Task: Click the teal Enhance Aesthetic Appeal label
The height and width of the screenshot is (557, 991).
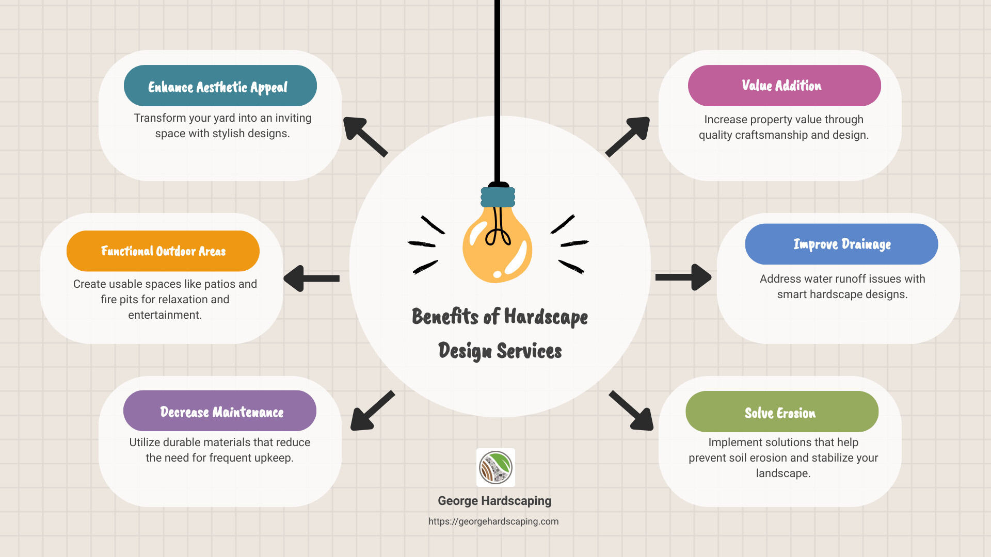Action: pyautogui.click(x=220, y=86)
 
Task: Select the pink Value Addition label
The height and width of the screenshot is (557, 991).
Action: pyautogui.click(x=784, y=86)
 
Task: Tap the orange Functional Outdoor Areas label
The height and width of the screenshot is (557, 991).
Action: pyautogui.click(x=163, y=251)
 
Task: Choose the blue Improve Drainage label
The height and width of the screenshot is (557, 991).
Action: pyautogui.click(x=841, y=244)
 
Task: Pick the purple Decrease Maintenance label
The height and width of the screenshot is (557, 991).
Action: pyautogui.click(x=220, y=411)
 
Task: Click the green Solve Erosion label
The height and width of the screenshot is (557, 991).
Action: pyautogui.click(x=781, y=412)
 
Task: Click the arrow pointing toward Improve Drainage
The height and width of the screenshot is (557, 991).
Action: pyautogui.click(x=684, y=277)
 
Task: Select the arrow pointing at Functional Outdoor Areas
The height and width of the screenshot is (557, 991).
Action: pyautogui.click(x=311, y=278)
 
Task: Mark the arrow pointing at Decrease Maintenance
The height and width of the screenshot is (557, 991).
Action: pyautogui.click(x=372, y=411)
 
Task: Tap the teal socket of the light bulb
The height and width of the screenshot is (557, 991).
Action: pyautogui.click(x=498, y=197)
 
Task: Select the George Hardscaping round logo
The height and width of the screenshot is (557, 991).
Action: pyautogui.click(x=495, y=467)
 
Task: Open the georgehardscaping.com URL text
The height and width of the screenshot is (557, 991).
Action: pyautogui.click(x=493, y=521)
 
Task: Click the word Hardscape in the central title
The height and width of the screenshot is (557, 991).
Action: pyautogui.click(x=546, y=317)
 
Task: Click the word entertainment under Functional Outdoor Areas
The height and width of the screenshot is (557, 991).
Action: pyautogui.click(x=165, y=315)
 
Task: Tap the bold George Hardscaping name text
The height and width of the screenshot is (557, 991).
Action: pyautogui.click(x=494, y=501)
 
